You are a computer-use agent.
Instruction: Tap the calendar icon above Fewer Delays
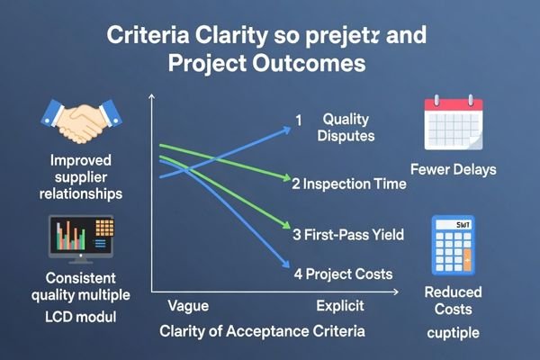point(453,128)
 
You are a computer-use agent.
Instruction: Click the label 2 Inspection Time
point(348,184)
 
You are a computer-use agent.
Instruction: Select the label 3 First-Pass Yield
point(348,235)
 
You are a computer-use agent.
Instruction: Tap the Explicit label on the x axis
point(339,306)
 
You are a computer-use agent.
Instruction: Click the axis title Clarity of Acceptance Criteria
point(262,331)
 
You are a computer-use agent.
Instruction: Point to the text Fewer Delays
point(452,169)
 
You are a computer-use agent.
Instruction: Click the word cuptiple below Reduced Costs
point(454,333)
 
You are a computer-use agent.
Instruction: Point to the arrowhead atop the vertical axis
point(153,102)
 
